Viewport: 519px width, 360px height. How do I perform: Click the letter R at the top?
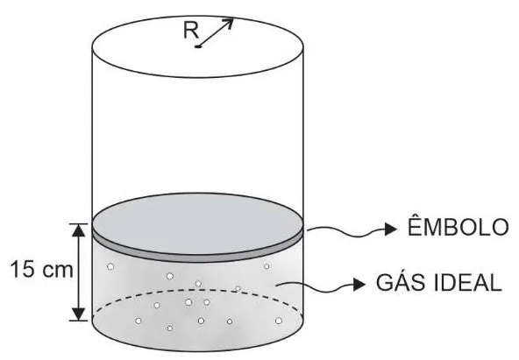[x=191, y=31]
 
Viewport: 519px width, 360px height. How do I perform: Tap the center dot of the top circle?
[x=198, y=46]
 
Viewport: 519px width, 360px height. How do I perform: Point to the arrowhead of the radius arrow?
[x=229, y=23]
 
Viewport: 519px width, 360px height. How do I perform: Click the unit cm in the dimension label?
[x=56, y=271]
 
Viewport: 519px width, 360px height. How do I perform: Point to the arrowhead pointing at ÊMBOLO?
[x=391, y=229]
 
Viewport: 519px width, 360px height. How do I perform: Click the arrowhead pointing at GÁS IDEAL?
[x=359, y=285]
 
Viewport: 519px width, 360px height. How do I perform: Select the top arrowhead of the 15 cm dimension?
[x=78, y=230]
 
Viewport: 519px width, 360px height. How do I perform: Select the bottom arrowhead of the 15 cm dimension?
[x=78, y=314]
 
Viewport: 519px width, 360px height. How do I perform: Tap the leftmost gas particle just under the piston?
[x=110, y=266]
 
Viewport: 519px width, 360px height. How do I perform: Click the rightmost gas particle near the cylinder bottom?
[x=279, y=321]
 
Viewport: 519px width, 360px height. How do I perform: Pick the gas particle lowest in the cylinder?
[x=169, y=328]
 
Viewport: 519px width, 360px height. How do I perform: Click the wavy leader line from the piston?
[x=346, y=230]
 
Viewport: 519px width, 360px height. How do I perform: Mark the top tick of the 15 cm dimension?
[x=78, y=224]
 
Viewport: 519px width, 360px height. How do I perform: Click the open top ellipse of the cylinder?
[x=197, y=77]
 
